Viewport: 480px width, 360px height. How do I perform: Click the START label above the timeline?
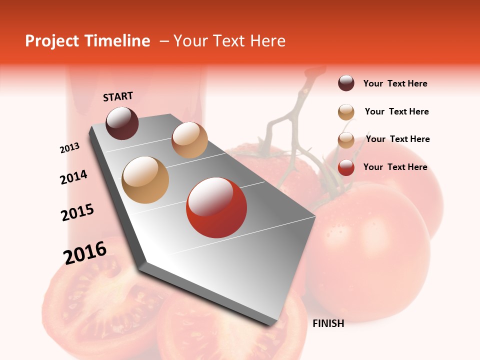[x=118, y=96]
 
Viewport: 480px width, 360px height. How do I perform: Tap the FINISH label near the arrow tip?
[x=328, y=323]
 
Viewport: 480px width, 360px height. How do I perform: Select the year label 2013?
[x=69, y=148]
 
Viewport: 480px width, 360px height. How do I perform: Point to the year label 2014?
[x=73, y=177]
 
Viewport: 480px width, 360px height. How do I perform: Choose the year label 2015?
[x=77, y=212]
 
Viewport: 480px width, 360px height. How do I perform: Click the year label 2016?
[x=85, y=253]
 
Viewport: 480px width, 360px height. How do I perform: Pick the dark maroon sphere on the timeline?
[x=122, y=123]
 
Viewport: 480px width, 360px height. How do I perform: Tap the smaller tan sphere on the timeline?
[x=189, y=140]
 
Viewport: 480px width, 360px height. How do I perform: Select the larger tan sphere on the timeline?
[x=145, y=180]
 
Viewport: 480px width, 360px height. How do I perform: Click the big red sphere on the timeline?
[x=216, y=207]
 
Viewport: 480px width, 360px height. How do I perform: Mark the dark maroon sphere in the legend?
[x=346, y=83]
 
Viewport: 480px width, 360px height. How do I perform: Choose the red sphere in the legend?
[x=346, y=167]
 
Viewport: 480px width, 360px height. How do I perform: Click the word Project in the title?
[x=52, y=41]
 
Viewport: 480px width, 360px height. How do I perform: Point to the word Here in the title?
[x=267, y=41]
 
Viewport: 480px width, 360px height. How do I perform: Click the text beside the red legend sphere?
[x=395, y=167]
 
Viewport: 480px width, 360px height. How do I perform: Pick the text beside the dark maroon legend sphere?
[x=395, y=83]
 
